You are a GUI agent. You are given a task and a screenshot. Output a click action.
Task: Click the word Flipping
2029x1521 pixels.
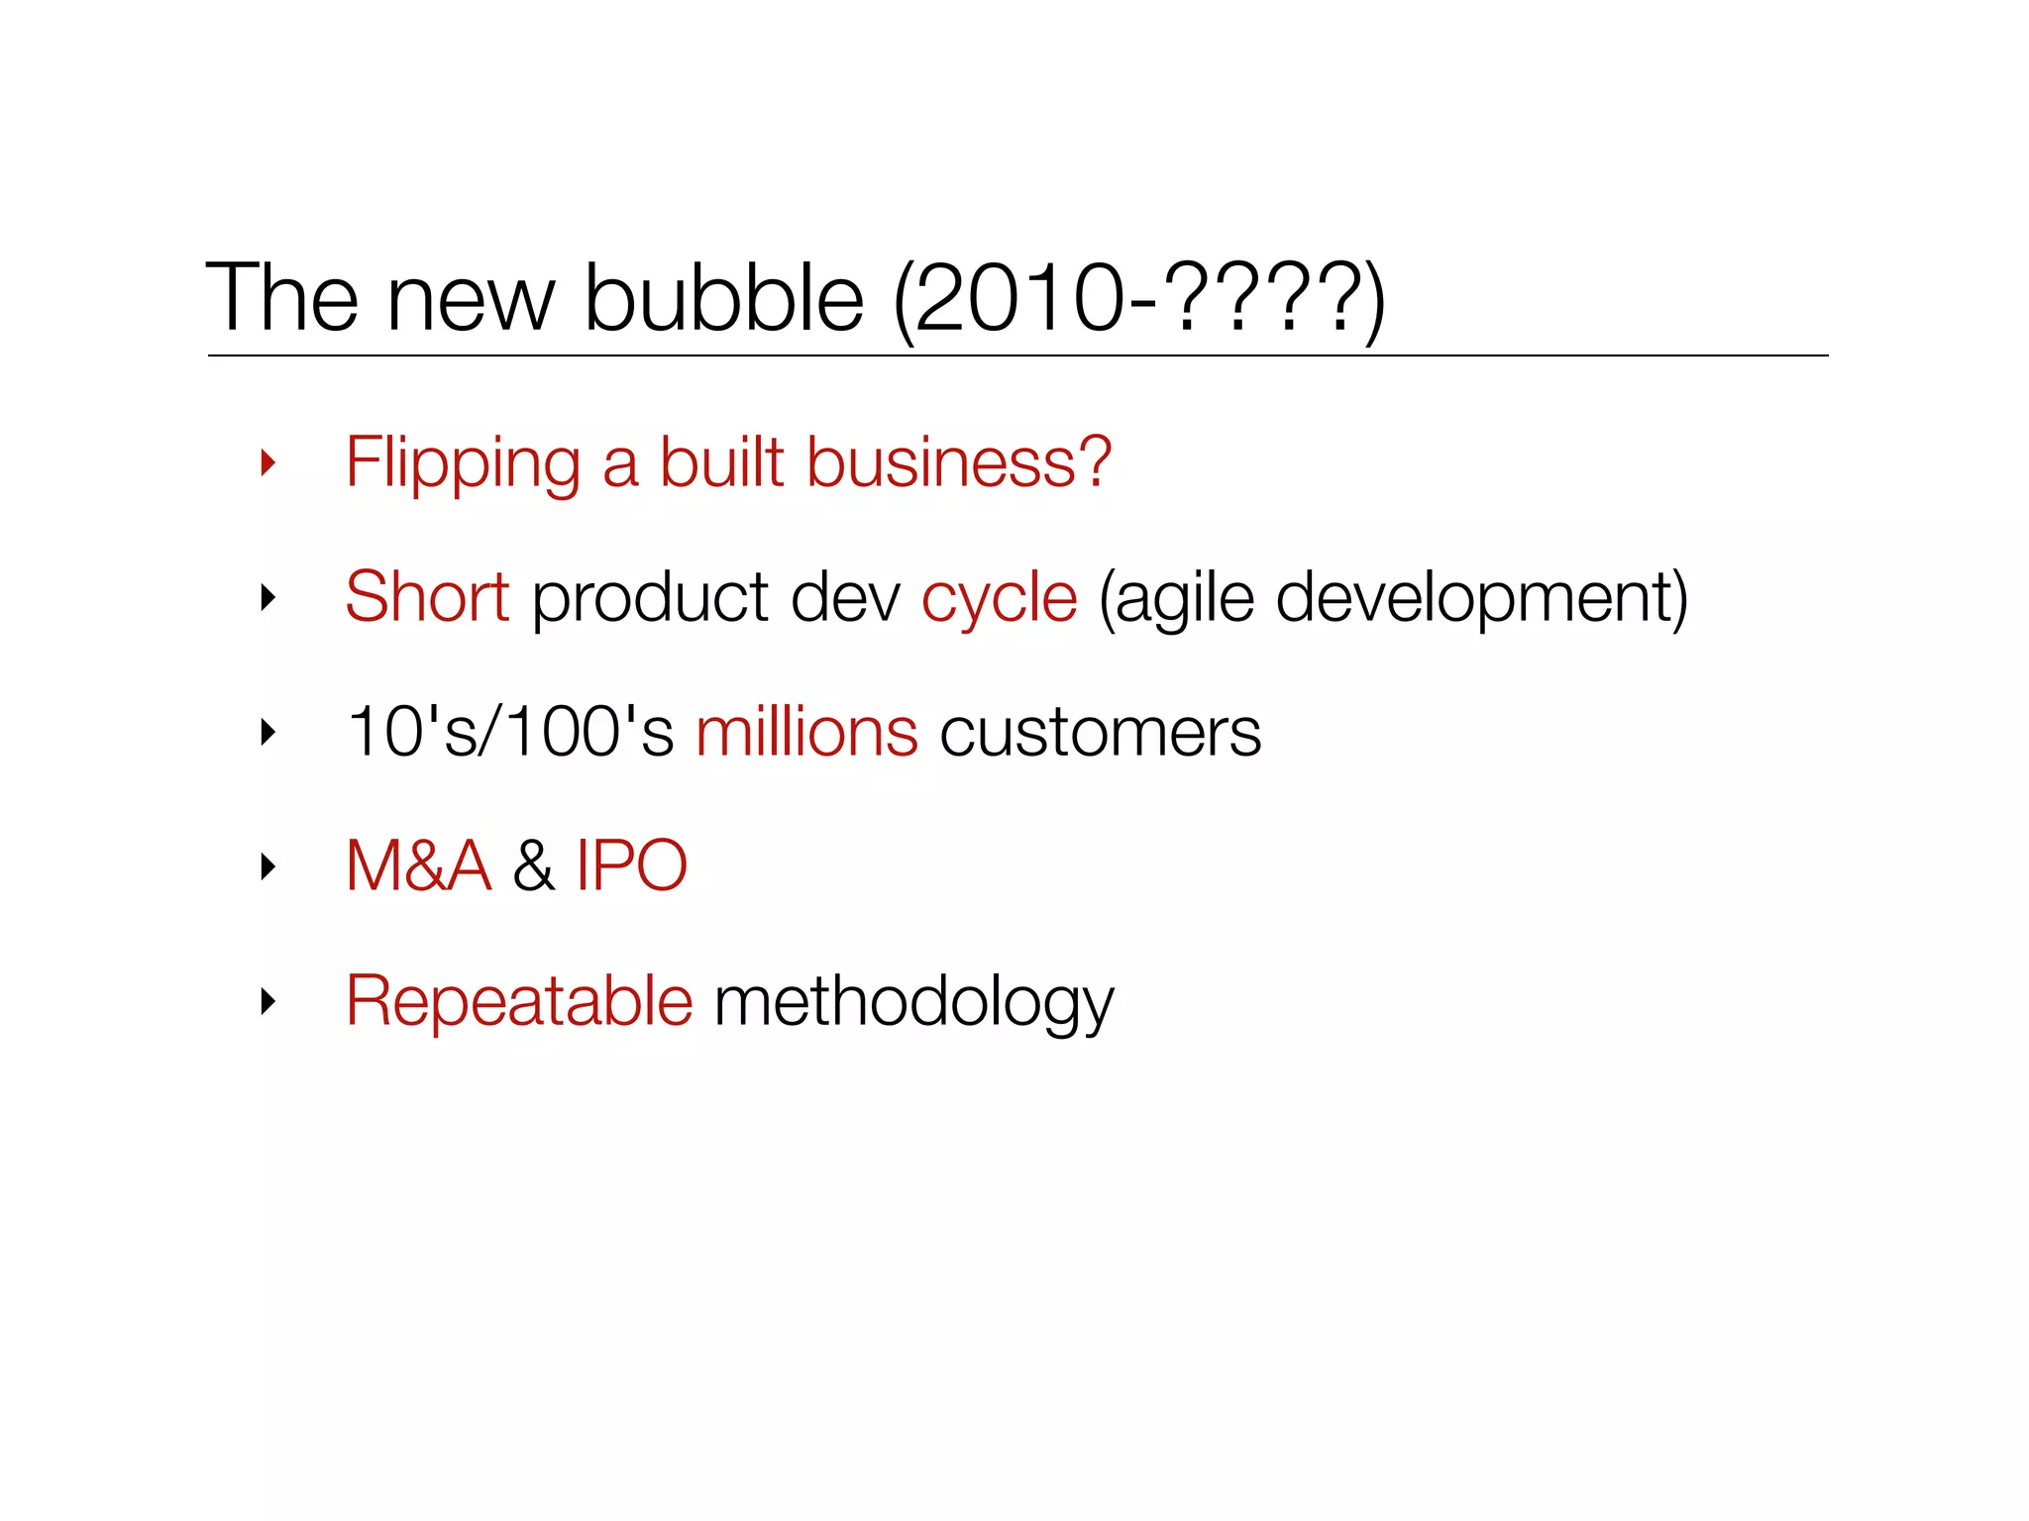coord(462,463)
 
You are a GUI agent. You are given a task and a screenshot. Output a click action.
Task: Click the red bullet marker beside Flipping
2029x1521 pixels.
coord(267,462)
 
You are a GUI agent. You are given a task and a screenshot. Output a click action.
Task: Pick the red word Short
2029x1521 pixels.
coord(427,596)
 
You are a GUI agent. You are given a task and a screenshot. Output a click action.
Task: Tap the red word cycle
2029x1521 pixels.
coord(999,598)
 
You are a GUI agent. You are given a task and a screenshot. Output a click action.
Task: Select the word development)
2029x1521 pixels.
coord(1482,598)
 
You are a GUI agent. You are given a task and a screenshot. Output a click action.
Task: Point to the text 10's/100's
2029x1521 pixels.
coord(510,732)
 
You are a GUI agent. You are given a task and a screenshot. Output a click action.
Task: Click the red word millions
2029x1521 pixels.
coord(806,732)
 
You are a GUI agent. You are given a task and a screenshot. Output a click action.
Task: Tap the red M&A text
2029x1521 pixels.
coord(418,865)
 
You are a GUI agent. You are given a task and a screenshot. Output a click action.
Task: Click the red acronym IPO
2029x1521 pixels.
coord(631,865)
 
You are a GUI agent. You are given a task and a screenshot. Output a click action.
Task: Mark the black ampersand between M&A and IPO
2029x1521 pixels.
coord(534,865)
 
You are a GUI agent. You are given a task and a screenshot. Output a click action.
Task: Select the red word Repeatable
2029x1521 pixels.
coord(519,1001)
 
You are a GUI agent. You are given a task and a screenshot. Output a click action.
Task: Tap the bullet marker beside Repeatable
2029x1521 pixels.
coord(267,1001)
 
